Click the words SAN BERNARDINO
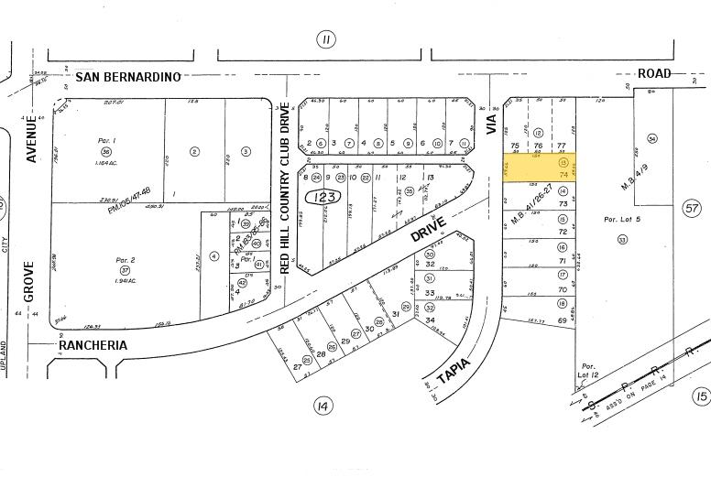click(128, 76)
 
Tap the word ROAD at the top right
click(655, 73)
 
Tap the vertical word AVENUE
click(31, 139)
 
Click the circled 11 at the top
click(325, 38)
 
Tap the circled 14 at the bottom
click(322, 406)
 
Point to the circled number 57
click(691, 210)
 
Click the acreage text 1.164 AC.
click(106, 162)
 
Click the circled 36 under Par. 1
click(106, 151)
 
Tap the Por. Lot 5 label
click(622, 219)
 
